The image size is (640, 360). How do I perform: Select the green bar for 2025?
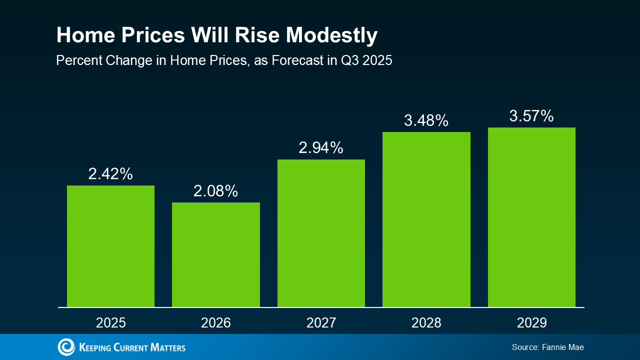pyautogui.click(x=110, y=246)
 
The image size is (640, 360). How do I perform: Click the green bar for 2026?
pyautogui.click(x=216, y=254)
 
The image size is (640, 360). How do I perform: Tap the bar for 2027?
pyautogui.click(x=321, y=233)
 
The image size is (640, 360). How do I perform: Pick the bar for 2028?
pyautogui.click(x=426, y=219)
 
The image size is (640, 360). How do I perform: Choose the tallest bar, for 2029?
pyautogui.click(x=531, y=217)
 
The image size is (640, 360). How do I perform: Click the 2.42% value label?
pyautogui.click(x=110, y=174)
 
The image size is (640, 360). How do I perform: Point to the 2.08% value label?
pyautogui.click(x=216, y=191)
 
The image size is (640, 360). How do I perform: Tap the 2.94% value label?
pyautogui.click(x=321, y=148)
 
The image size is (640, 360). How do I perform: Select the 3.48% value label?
pyautogui.click(x=426, y=120)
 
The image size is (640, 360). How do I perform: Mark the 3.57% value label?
pyautogui.click(x=531, y=116)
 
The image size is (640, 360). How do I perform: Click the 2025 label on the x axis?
pyautogui.click(x=110, y=322)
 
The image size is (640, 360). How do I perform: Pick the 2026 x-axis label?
pyautogui.click(x=216, y=322)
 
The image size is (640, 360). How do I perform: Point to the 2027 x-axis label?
pyautogui.click(x=321, y=322)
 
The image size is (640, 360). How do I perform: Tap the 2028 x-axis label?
pyautogui.click(x=426, y=322)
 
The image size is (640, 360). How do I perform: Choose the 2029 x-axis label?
pyautogui.click(x=531, y=322)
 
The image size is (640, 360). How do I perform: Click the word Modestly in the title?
pyautogui.click(x=331, y=35)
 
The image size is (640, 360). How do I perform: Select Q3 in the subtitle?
pyautogui.click(x=350, y=61)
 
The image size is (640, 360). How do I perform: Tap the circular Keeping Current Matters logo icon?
pyautogui.click(x=66, y=347)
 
